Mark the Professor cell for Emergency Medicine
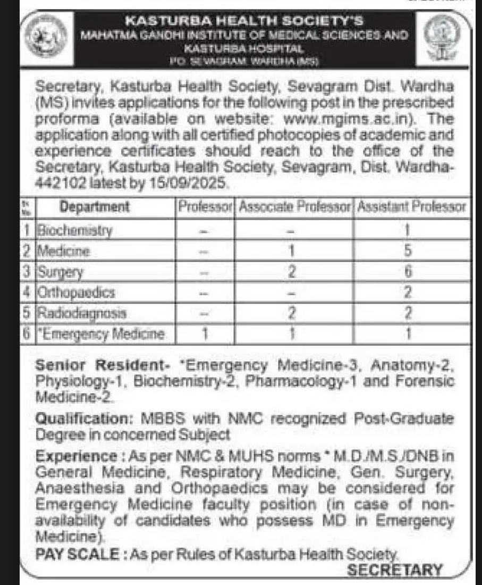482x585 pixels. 205,333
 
